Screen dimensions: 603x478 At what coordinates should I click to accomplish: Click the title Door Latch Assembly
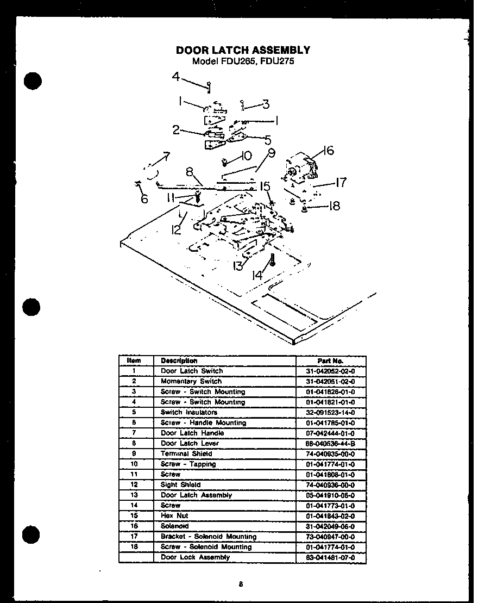(x=243, y=50)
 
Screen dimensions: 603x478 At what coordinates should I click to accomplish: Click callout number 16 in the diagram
(x=328, y=151)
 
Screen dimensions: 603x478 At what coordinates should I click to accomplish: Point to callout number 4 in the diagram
(x=176, y=77)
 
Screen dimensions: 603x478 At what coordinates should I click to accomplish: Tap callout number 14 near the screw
(x=257, y=276)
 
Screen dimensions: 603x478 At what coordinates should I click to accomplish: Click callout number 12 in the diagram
(x=176, y=230)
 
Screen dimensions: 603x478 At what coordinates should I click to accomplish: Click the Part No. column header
(x=330, y=360)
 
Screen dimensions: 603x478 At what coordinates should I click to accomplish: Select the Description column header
(x=179, y=360)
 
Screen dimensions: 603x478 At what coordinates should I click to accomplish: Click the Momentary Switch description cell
(x=191, y=381)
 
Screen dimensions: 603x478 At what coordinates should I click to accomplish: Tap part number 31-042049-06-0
(x=330, y=526)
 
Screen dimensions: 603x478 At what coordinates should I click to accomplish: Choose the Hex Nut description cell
(x=174, y=516)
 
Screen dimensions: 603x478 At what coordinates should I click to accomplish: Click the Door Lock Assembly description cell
(x=195, y=557)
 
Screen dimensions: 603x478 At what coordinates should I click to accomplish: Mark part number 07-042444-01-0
(x=330, y=433)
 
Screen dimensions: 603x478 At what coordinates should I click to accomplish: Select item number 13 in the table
(x=134, y=495)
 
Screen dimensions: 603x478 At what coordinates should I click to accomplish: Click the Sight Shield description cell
(x=180, y=485)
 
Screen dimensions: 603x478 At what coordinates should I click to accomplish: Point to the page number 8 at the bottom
(x=240, y=585)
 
